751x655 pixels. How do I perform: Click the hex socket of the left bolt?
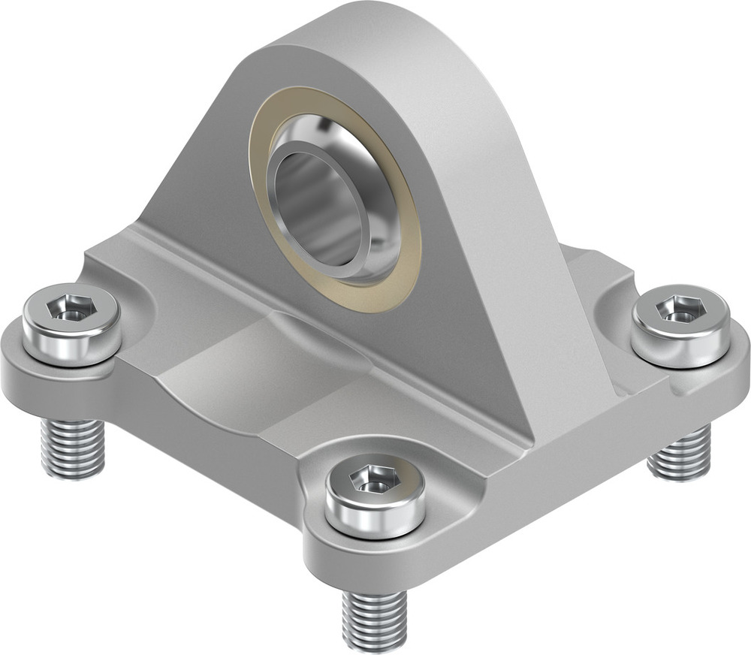pos(68,308)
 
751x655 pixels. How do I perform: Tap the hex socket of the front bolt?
pos(374,479)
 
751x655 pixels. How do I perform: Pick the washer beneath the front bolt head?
pos(375,526)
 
